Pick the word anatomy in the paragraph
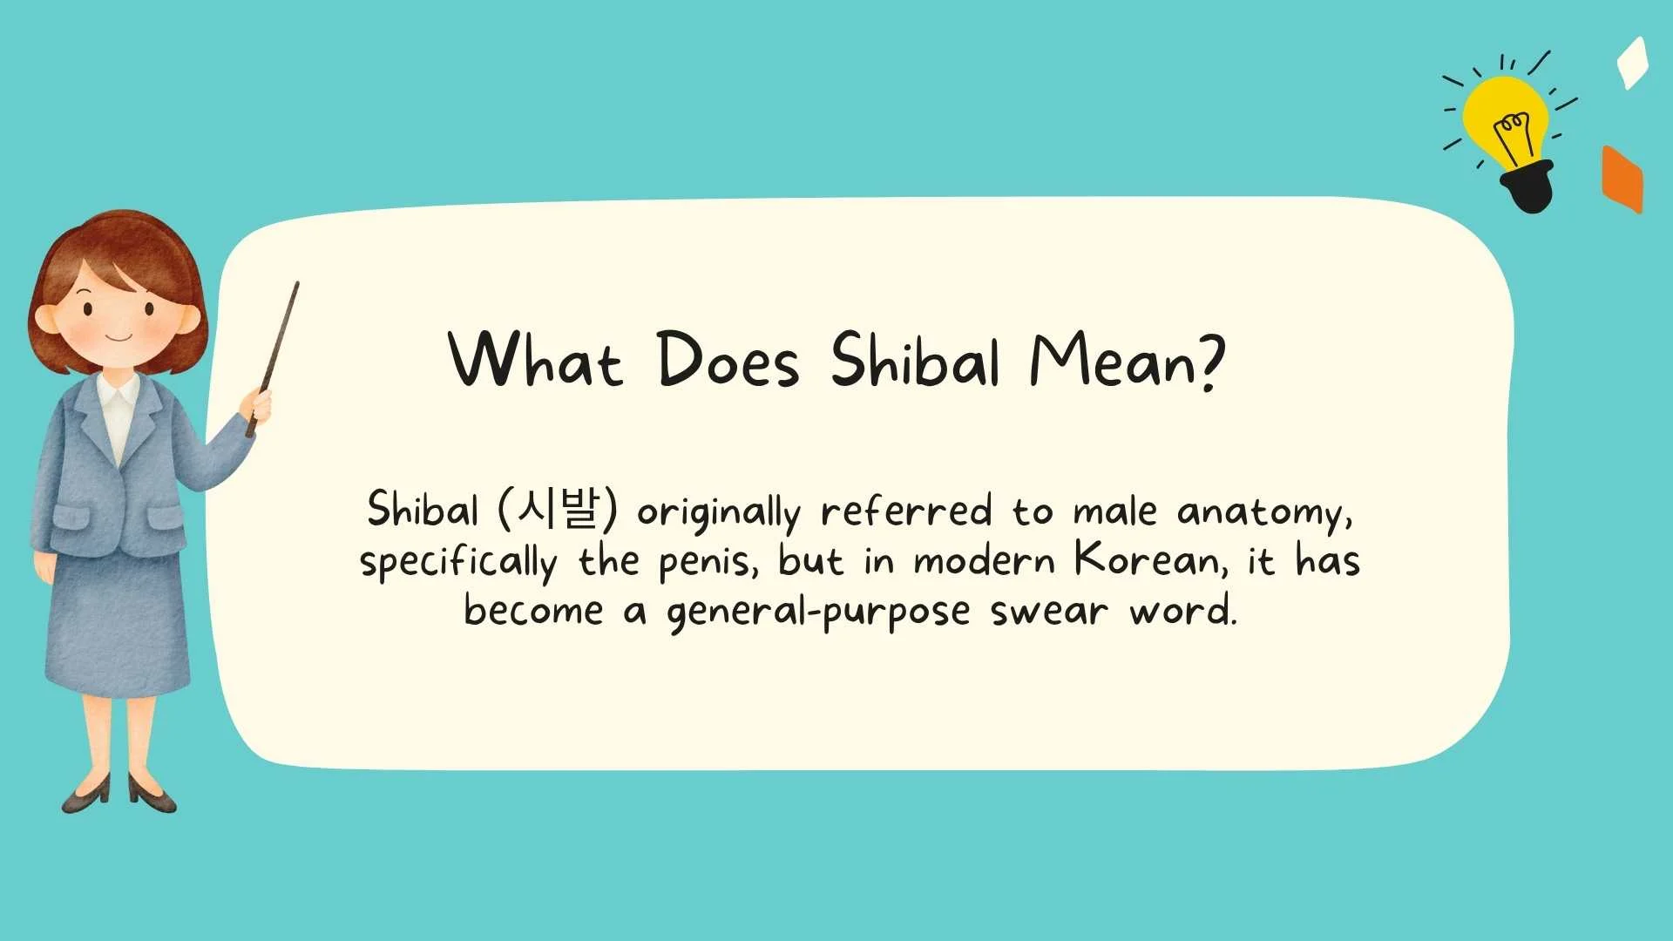(x=1263, y=511)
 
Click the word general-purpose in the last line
(x=817, y=612)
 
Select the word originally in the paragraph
(x=718, y=512)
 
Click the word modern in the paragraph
(x=984, y=560)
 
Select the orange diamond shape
(x=1622, y=179)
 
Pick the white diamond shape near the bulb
(x=1632, y=63)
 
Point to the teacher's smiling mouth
(x=119, y=337)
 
